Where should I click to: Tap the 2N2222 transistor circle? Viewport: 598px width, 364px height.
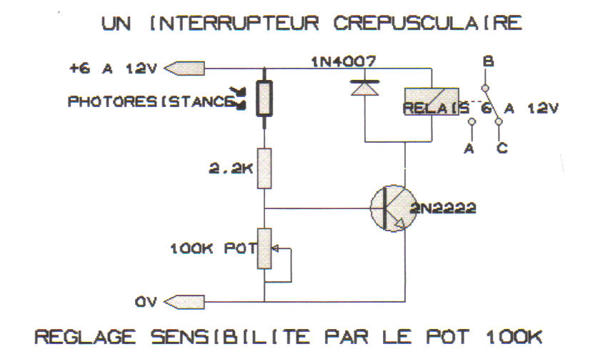click(x=391, y=208)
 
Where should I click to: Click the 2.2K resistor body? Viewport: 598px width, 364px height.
click(x=264, y=168)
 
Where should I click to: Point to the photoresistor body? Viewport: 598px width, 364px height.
click(x=264, y=99)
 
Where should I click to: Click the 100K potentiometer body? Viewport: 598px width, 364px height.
click(x=264, y=249)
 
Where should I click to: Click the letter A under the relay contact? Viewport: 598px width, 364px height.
click(x=469, y=148)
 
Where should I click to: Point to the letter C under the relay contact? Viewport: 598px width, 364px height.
click(x=502, y=148)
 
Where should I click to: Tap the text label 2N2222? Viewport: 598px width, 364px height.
click(x=443, y=208)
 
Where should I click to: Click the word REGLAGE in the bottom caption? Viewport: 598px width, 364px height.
click(x=79, y=336)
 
